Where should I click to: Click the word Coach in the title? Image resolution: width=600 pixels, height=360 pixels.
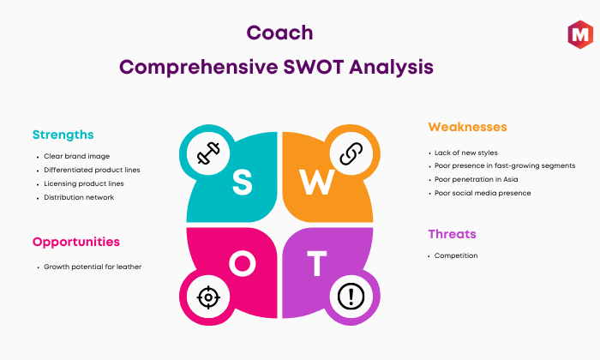click(279, 33)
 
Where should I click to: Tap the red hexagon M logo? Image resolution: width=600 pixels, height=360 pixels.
click(580, 34)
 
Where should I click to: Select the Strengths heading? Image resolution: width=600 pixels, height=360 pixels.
click(63, 135)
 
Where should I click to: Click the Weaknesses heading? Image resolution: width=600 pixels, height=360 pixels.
click(468, 127)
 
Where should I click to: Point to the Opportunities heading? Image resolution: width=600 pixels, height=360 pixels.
click(76, 243)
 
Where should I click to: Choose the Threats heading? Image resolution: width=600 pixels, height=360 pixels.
click(452, 234)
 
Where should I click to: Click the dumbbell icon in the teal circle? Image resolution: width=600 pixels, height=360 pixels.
click(208, 153)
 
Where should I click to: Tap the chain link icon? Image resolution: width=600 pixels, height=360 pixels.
click(351, 153)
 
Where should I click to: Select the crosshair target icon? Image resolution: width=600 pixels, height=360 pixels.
click(208, 297)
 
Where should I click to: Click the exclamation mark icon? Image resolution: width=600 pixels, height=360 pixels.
click(351, 296)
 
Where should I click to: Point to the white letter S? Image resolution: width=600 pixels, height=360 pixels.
click(243, 182)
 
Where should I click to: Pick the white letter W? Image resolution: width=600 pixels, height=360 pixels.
click(317, 182)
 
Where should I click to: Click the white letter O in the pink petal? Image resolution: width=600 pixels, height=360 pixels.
click(243, 264)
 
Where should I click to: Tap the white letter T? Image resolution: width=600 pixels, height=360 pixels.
click(317, 264)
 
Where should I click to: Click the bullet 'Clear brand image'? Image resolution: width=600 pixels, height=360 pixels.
click(76, 156)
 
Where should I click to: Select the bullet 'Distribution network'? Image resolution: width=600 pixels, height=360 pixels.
click(79, 197)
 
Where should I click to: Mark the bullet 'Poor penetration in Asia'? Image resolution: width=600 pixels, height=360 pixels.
click(476, 179)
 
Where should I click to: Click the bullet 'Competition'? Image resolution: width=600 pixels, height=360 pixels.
click(456, 255)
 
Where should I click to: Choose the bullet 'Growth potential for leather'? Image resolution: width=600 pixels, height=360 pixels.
click(93, 267)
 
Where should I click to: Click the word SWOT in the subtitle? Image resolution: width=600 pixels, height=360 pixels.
click(314, 68)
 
